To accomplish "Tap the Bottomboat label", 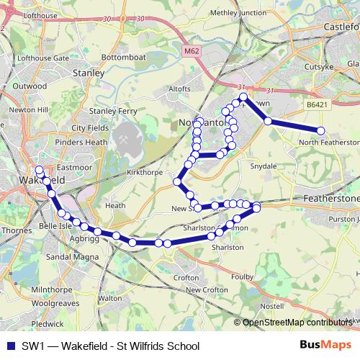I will [x=124, y=57].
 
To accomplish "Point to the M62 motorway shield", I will [x=190, y=52].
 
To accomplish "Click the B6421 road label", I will [x=315, y=104].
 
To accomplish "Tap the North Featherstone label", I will [x=328, y=142].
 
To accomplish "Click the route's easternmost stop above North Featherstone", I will [x=321, y=130].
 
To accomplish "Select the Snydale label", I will [x=262, y=166].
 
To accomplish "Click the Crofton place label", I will [x=186, y=276].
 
